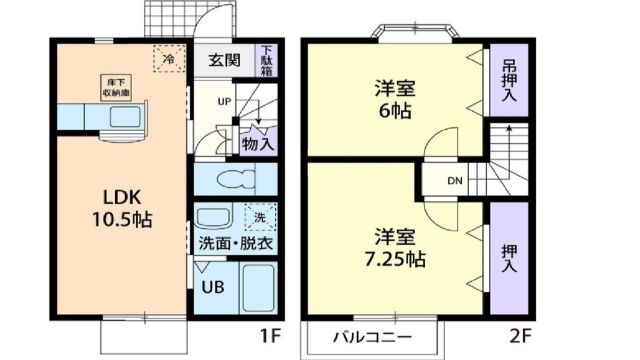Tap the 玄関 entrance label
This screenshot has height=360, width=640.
click(224, 60)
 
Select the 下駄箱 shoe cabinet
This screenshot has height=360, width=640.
click(267, 59)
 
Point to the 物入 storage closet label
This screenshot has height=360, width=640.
click(257, 143)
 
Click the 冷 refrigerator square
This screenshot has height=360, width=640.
click(167, 60)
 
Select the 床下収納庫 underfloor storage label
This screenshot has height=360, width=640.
click(112, 87)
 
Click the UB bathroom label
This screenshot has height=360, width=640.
click(212, 286)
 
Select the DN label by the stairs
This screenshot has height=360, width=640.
click(455, 181)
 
